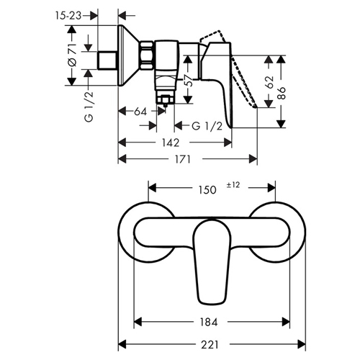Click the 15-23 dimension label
point(68,16)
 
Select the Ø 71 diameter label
point(72,55)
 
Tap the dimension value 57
point(189,80)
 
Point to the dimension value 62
point(270,82)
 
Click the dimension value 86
point(282,93)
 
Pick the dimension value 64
point(140,112)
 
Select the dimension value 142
point(170,143)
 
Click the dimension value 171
point(183,159)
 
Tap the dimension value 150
point(207,190)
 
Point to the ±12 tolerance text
point(233,185)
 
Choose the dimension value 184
point(209,322)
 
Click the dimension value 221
point(210,345)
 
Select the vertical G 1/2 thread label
point(89,107)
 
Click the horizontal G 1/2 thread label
point(207,126)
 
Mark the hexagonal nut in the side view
point(147,55)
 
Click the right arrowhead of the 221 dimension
point(302,344)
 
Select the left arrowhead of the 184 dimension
point(138,322)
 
